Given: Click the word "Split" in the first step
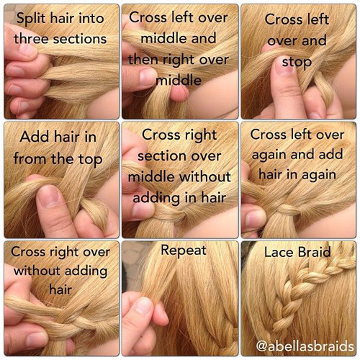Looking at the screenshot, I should [x=27, y=17].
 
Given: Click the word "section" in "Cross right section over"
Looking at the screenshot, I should [x=153, y=156].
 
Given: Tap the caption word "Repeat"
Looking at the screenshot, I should [x=184, y=251].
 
